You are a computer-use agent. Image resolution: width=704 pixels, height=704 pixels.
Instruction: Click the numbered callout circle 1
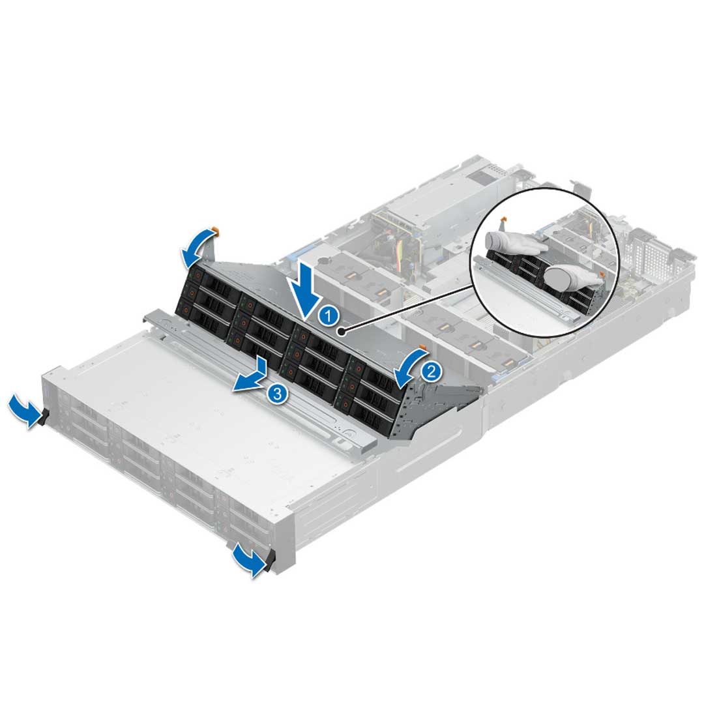tap(330, 316)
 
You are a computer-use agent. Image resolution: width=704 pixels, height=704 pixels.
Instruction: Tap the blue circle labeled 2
tap(431, 372)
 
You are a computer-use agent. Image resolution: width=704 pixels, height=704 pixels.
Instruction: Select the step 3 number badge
tap(277, 394)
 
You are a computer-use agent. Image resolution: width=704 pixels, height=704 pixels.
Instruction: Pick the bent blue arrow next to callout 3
tap(253, 377)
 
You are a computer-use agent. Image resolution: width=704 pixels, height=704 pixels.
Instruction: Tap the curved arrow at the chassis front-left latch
tap(23, 411)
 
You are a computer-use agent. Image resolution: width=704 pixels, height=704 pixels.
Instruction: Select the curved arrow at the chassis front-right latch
tap(248, 559)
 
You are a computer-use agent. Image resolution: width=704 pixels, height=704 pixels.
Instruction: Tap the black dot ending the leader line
tap(342, 331)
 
